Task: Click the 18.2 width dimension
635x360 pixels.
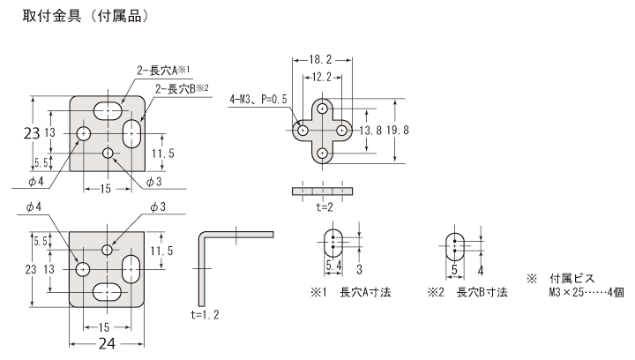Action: (322, 59)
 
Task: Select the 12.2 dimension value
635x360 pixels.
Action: (322, 77)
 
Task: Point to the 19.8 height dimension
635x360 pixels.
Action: (397, 130)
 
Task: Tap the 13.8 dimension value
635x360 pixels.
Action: (370, 130)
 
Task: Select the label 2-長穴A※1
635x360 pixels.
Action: (164, 70)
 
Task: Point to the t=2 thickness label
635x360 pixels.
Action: (324, 209)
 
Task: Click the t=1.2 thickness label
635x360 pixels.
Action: (204, 313)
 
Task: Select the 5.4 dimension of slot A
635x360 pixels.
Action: (333, 265)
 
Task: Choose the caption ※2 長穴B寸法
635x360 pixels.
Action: (467, 292)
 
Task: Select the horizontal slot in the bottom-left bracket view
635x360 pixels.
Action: (107, 290)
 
